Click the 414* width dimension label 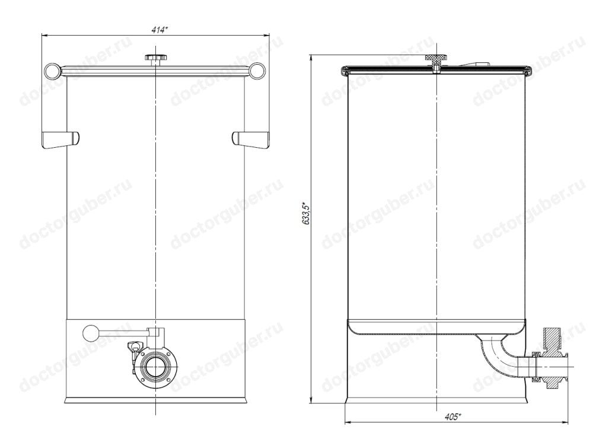point(159,30)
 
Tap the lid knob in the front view point(155,59)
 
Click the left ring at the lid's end point(52,71)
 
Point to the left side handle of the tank point(60,139)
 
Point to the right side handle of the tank point(251,139)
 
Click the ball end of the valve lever point(90,333)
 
